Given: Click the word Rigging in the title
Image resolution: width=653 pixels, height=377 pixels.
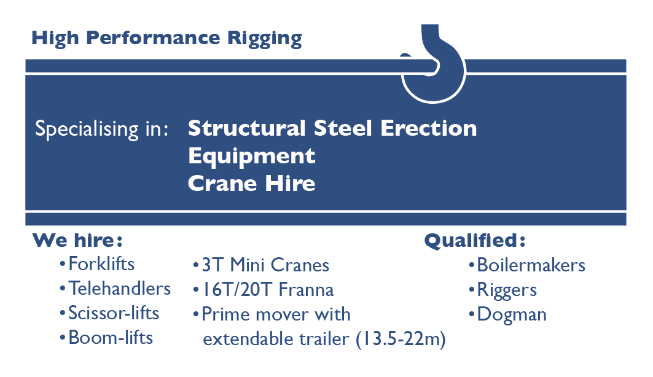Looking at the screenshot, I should point(268,39).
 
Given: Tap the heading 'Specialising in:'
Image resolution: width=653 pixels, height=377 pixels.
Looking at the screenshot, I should point(102,130).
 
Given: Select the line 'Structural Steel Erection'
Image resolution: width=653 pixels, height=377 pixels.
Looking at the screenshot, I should point(332,128).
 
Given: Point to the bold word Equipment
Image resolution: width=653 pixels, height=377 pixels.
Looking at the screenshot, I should point(252,156).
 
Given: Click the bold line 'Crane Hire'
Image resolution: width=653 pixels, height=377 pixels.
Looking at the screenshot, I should point(252,183).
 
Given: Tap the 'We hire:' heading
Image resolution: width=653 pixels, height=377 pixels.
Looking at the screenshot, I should point(77,239).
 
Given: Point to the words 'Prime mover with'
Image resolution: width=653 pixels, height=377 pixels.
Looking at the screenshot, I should point(276,314).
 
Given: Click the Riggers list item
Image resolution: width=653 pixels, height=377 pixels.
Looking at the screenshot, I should point(507,290).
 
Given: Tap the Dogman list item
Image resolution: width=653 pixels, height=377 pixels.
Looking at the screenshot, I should point(512,315).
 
